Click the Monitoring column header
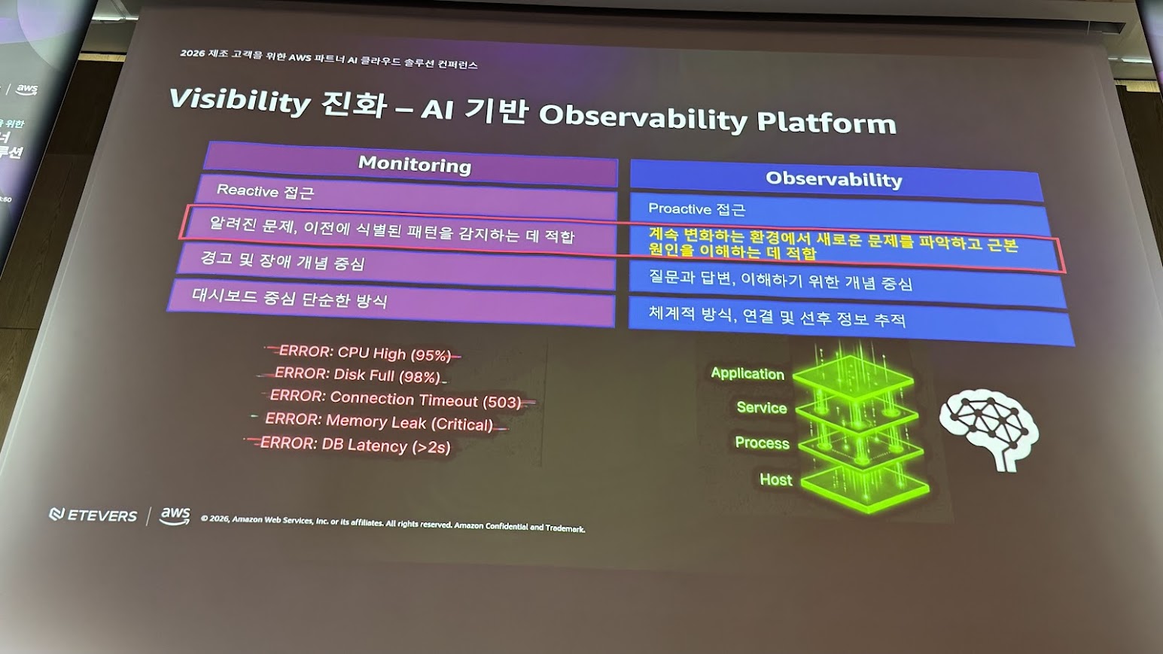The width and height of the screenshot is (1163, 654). [x=414, y=165]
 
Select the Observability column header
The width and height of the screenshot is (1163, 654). [x=834, y=180]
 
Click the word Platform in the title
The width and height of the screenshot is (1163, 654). [x=827, y=123]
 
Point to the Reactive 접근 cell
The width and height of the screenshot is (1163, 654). [x=406, y=197]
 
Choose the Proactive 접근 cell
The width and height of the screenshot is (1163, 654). [x=838, y=213]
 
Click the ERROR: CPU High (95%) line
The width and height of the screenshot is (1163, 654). [x=364, y=353]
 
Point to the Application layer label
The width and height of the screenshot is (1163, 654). [x=747, y=374]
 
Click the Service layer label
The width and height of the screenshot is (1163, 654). [x=762, y=407]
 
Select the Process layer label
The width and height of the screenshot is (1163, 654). [x=763, y=443]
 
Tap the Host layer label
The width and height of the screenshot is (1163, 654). [x=776, y=479]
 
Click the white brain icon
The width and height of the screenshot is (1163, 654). [x=989, y=429]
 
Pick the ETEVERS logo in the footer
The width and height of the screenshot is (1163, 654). [x=93, y=515]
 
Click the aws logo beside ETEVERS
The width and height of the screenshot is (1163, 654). [x=175, y=516]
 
